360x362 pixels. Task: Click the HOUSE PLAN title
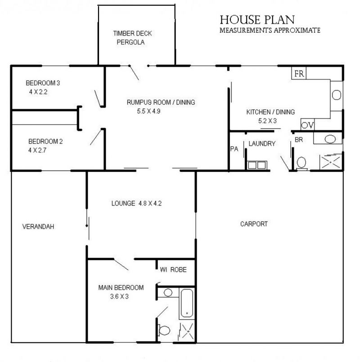[257, 20]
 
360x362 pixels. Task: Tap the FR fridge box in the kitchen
[299, 73]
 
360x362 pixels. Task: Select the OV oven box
[307, 125]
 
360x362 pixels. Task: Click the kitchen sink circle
[337, 95]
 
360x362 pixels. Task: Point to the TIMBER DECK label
[132, 33]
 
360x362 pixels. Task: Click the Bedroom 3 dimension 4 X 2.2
[38, 92]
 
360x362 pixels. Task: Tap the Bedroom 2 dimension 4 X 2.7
[37, 150]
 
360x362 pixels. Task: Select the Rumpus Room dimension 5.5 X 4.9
[148, 111]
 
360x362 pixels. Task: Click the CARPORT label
[254, 223]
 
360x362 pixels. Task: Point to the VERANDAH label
[38, 227]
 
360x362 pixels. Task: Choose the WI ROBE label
[173, 269]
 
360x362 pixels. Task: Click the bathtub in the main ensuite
[187, 304]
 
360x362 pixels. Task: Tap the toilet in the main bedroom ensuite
[164, 330]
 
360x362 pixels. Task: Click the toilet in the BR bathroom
[301, 163]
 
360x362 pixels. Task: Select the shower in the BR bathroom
[331, 162]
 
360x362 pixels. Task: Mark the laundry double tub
[257, 165]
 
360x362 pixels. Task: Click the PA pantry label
[234, 149]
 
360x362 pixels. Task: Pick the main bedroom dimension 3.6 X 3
[119, 296]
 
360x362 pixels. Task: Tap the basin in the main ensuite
[168, 292]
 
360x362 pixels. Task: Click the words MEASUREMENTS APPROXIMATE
[270, 30]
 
